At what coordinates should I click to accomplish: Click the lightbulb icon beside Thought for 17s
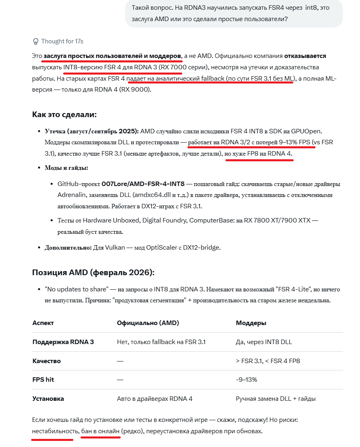(35, 41)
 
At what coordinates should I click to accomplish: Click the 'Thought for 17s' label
(62, 41)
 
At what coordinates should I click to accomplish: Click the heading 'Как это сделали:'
(64, 114)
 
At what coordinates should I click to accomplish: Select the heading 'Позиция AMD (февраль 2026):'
(93, 272)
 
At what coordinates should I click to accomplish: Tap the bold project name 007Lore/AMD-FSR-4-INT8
(143, 184)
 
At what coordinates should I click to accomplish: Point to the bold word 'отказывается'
(305, 56)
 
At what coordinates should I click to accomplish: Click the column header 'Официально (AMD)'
(148, 323)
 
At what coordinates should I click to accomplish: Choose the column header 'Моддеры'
(251, 323)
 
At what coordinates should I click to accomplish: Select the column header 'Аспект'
(43, 323)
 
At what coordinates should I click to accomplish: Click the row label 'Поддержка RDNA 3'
(63, 342)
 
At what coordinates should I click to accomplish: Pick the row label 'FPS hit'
(43, 380)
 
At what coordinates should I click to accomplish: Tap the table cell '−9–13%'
(246, 380)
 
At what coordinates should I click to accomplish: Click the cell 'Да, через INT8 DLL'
(264, 342)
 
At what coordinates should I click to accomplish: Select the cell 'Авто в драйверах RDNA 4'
(155, 399)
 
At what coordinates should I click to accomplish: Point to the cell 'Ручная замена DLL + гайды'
(276, 399)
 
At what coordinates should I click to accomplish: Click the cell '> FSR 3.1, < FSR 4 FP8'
(268, 361)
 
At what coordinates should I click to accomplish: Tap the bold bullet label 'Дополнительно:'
(68, 247)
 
